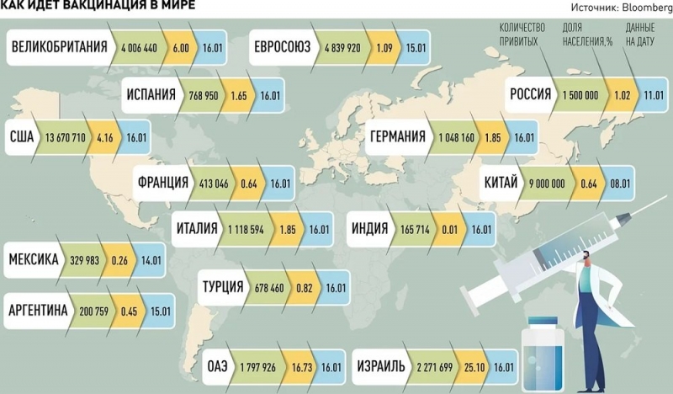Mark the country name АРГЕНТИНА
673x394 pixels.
37,311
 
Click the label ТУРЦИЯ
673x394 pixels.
224,288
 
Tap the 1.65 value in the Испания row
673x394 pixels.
240,95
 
